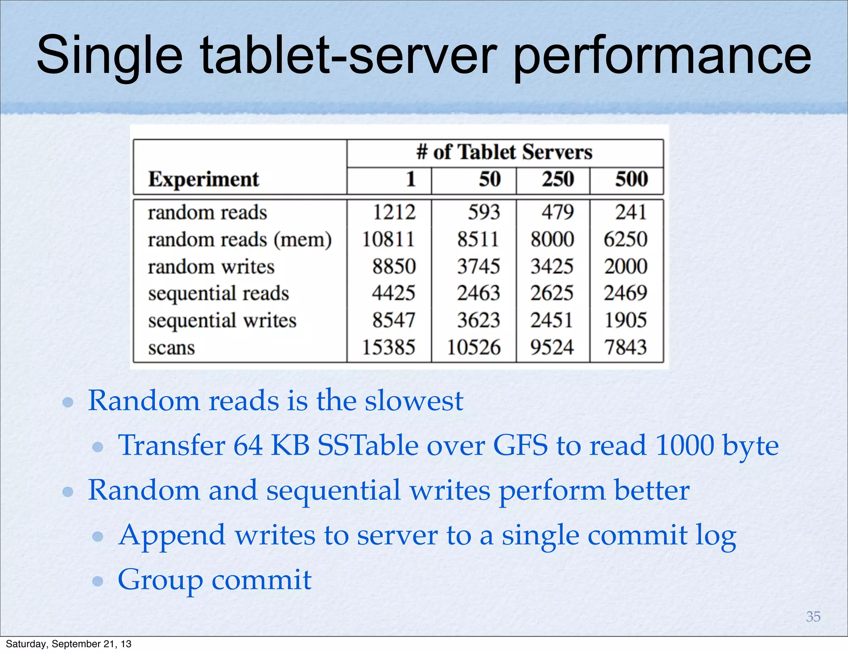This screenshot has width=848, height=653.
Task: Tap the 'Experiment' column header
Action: (203, 179)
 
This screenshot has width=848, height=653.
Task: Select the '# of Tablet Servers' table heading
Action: (504, 152)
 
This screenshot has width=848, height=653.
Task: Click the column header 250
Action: (558, 179)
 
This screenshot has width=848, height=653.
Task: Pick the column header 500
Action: (631, 179)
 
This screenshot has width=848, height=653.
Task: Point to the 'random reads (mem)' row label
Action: (240, 239)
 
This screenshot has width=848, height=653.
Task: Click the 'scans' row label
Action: (171, 348)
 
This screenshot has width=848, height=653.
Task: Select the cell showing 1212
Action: (394, 212)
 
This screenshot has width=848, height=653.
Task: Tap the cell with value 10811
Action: (388, 239)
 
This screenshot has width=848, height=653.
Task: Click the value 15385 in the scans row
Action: (388, 347)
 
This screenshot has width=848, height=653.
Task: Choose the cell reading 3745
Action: (478, 266)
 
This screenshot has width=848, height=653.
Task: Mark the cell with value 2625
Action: (552, 293)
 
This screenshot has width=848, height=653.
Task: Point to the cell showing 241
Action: (631, 212)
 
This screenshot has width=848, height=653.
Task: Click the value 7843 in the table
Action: (625, 347)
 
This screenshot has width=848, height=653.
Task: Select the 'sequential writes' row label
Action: (222, 321)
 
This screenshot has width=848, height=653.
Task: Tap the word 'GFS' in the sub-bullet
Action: (520, 446)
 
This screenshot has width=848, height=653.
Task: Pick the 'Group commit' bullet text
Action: (214, 580)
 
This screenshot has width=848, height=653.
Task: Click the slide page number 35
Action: (813, 617)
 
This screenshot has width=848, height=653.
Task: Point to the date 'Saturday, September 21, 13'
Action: (68, 644)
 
